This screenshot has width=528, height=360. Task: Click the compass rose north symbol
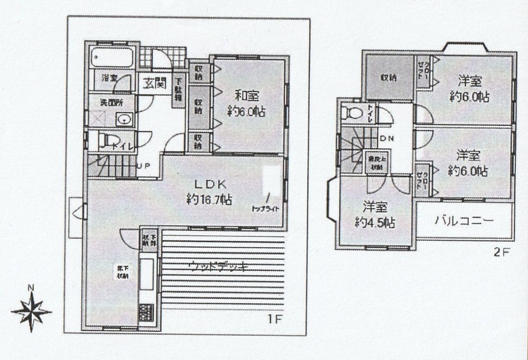pos(31,310)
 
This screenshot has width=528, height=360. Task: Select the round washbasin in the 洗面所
pos(123,119)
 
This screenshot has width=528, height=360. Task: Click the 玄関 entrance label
pos(154,84)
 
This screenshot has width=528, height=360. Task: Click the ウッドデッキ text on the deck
pos(218,266)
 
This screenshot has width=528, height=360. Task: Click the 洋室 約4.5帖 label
pos(375,214)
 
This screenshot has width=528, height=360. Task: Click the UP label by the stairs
pos(143,166)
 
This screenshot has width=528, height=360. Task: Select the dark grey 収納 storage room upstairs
pos(389,78)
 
